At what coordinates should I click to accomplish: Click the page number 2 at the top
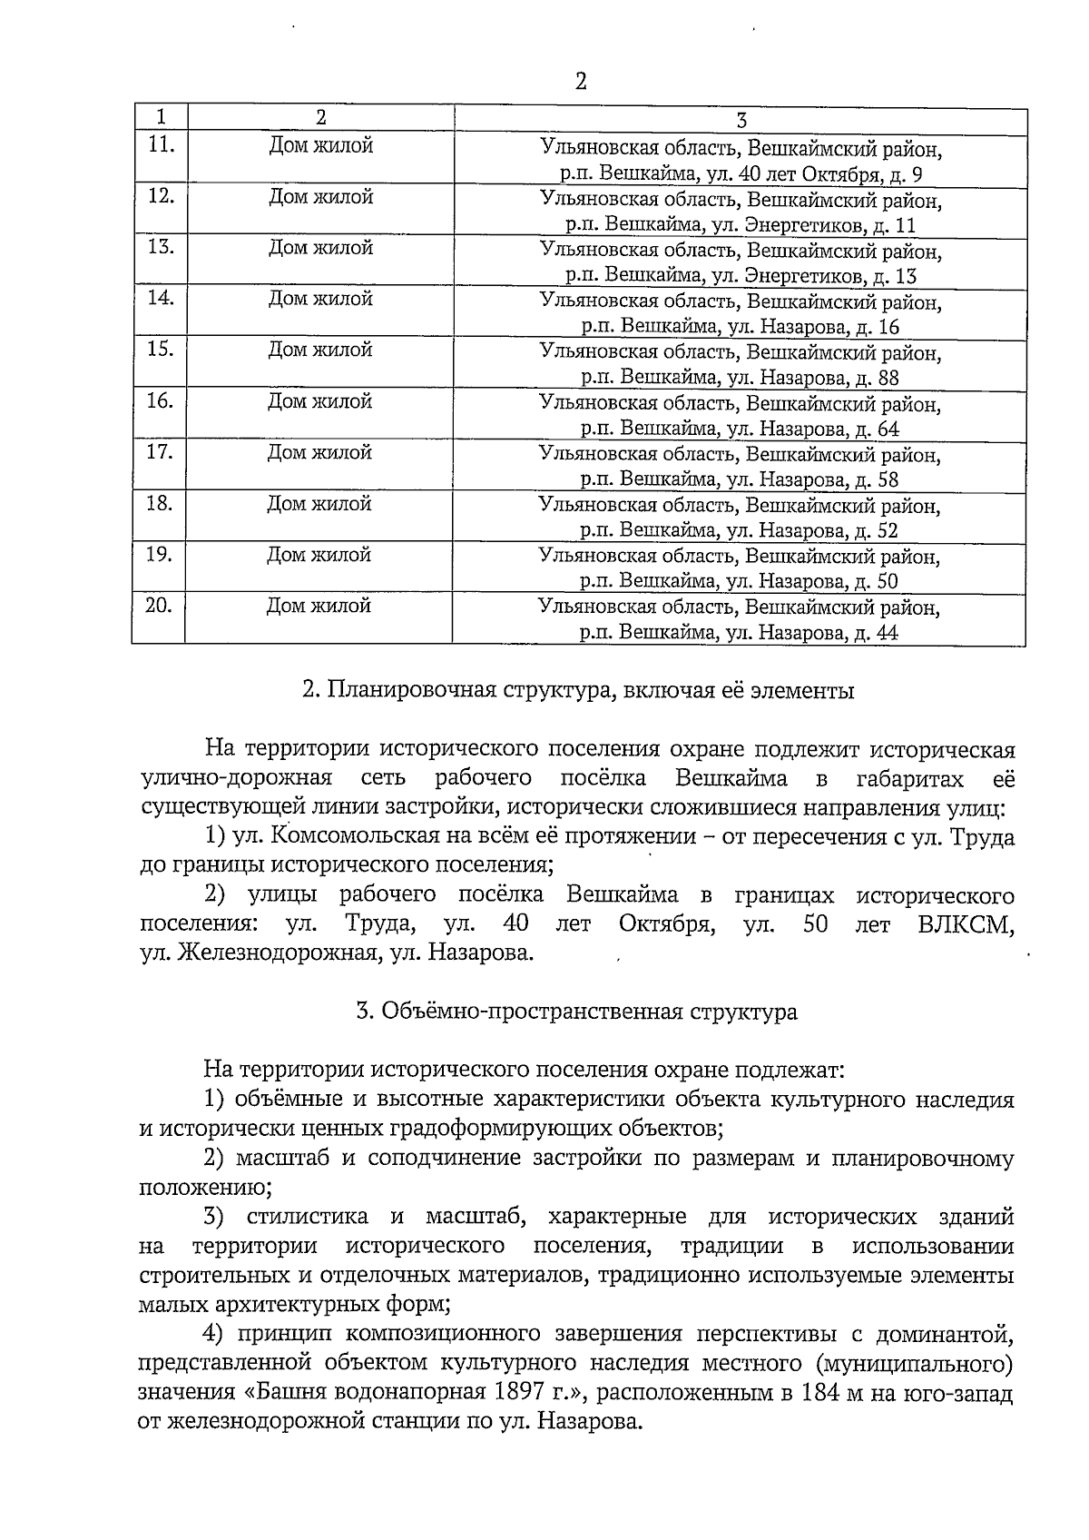[581, 82]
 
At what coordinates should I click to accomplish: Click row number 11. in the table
[161, 144]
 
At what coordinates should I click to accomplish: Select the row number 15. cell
[160, 349]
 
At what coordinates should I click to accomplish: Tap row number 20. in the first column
[159, 605]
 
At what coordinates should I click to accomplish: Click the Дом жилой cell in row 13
[320, 248]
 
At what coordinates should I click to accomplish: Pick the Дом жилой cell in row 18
[319, 503]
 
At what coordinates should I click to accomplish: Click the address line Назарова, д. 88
[741, 378]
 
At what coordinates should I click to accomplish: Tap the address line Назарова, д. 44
[740, 634]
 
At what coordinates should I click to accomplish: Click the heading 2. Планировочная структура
[578, 691]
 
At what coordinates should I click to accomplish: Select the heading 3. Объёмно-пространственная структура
[577, 1012]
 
